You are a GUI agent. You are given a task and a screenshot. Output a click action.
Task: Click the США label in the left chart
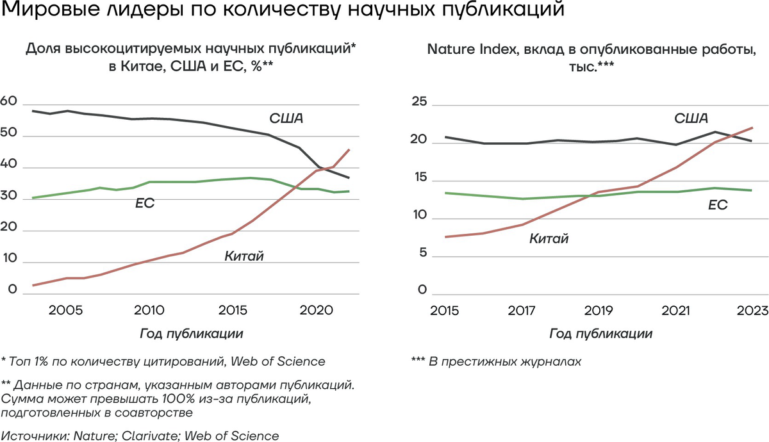pyautogui.click(x=286, y=119)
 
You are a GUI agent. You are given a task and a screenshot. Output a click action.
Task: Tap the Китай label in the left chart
pyautogui.click(x=244, y=256)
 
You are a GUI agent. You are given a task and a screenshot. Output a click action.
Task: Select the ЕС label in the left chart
pyautogui.click(x=145, y=204)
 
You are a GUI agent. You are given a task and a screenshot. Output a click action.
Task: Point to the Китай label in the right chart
pyautogui.click(x=549, y=239)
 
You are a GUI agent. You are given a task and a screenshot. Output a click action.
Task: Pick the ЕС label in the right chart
pyautogui.click(x=717, y=205)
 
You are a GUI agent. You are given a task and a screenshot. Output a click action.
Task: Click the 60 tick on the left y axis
pyautogui.click(x=8, y=102)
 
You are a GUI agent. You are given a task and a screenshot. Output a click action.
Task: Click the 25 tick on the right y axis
pyautogui.click(x=419, y=102)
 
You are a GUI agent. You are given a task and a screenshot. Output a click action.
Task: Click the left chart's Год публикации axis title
pyautogui.click(x=191, y=334)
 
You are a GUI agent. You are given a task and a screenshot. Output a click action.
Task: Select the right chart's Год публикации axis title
pyautogui.click(x=601, y=334)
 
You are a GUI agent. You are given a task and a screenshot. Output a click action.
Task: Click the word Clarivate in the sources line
pyautogui.click(x=149, y=436)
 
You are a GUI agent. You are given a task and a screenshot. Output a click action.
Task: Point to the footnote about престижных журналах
pyautogui.click(x=496, y=361)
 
